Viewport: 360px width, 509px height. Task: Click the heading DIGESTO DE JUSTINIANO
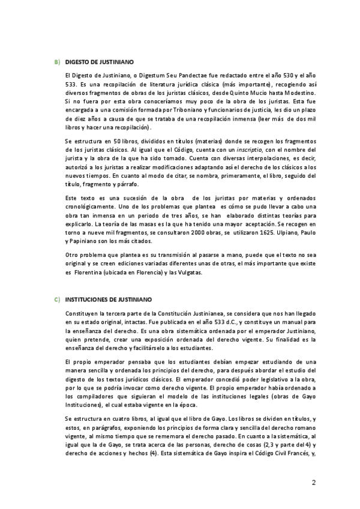click(x=99, y=62)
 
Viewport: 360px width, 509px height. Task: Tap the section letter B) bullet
click(x=56, y=62)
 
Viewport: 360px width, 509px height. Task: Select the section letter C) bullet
click(x=56, y=298)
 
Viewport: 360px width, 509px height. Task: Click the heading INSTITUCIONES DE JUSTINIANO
click(x=109, y=298)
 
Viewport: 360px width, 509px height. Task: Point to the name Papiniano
click(x=85, y=241)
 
